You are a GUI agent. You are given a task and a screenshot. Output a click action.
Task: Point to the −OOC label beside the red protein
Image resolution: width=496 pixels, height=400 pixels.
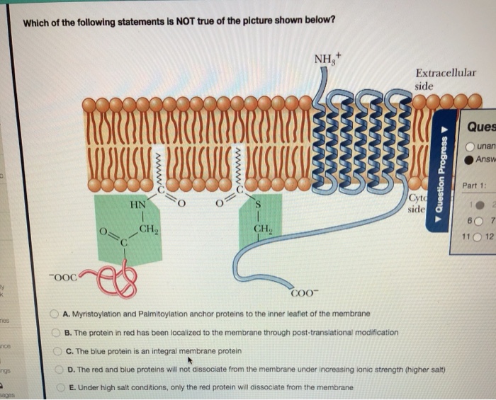click(63, 277)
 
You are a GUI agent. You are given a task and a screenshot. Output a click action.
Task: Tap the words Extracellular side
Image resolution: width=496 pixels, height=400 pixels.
click(445, 79)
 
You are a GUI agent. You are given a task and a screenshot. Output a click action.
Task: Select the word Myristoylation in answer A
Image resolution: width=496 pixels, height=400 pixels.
click(94, 314)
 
